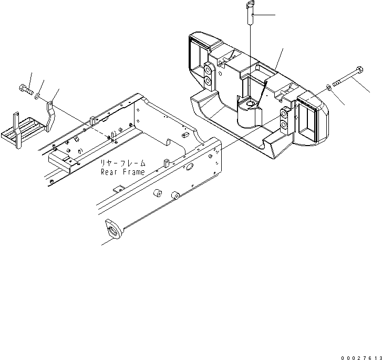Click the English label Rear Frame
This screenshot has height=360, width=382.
point(123,172)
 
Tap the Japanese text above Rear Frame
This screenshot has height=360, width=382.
point(123,162)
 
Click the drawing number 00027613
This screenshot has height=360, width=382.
point(362,358)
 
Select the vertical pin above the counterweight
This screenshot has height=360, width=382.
point(250,13)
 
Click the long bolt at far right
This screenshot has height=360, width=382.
point(348,77)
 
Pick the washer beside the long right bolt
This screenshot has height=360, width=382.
point(328,87)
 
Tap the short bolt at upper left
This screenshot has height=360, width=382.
point(26,89)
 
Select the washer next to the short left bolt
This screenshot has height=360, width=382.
point(37,96)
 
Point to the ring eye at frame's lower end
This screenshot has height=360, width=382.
point(113,229)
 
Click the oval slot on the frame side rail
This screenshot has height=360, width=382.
point(190,167)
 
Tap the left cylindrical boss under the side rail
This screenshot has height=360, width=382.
point(158,193)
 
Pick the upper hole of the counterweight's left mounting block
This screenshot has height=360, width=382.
point(208,70)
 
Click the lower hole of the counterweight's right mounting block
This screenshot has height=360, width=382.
point(284,125)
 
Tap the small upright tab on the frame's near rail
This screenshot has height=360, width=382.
point(166,163)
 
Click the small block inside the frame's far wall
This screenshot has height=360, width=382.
point(185,135)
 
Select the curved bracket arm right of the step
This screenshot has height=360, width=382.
point(50,117)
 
